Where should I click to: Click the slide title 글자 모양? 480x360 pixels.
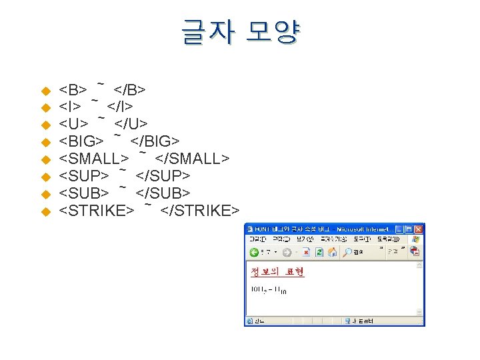241,31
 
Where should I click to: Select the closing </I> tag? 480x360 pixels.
120,107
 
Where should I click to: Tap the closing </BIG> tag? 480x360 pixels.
155,141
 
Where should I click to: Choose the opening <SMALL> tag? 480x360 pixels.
94,159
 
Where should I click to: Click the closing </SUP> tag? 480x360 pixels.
163,176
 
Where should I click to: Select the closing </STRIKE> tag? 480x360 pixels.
199,211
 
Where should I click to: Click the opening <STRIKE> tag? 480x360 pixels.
96,211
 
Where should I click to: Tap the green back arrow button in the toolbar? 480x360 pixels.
254,252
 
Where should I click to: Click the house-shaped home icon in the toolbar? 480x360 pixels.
331,252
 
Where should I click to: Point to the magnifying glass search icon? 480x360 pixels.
347,252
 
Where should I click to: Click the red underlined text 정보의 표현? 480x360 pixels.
277,272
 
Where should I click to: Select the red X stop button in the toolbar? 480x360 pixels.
306,252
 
